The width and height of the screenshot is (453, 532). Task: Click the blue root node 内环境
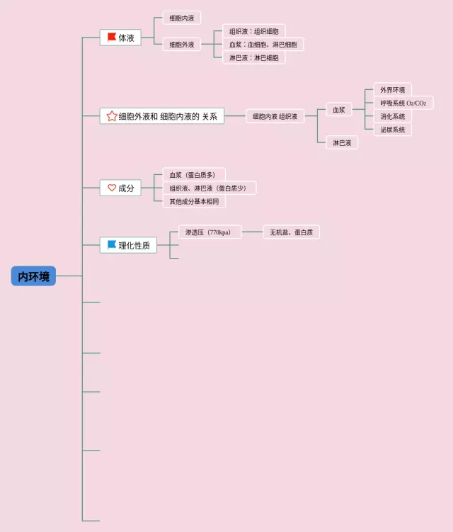point(33,276)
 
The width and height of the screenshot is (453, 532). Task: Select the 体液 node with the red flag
point(121,38)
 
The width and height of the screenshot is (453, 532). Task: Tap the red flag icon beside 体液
point(112,37)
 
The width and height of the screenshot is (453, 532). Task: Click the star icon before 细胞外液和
point(111,116)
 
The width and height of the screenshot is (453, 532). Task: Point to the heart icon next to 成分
point(111,188)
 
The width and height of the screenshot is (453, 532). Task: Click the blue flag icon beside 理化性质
point(111,245)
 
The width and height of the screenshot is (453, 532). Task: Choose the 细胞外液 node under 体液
point(182,44)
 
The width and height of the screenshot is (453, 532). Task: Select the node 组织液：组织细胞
point(253,31)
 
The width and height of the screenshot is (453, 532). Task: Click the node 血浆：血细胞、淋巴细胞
point(263,45)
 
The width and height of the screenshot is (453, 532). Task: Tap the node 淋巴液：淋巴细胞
point(253,57)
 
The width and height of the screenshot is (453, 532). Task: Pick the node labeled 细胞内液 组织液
point(275,116)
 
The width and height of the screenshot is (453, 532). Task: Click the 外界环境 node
point(392,90)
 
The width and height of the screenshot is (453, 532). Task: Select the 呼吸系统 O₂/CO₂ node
point(403,103)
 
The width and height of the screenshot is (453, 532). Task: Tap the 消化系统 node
point(392,116)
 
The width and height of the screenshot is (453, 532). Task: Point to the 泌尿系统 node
point(392,129)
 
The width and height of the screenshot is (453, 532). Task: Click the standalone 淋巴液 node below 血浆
point(342,142)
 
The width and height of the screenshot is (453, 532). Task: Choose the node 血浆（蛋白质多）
point(193,174)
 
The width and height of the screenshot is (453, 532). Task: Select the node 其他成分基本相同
point(193,201)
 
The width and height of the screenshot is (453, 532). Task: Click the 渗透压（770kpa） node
point(208,232)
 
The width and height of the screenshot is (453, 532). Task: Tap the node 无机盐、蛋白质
point(292,232)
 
